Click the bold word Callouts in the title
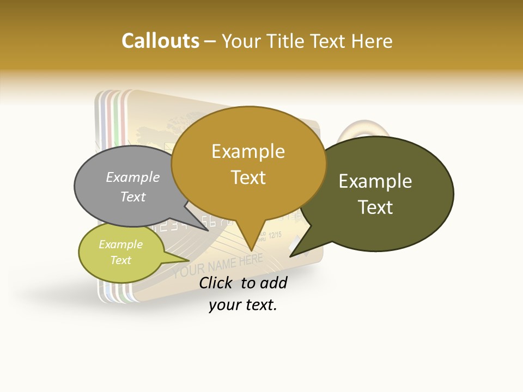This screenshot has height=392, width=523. click(160, 41)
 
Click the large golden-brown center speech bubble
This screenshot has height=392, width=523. click(248, 163)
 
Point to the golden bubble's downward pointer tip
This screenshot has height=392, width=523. click(251, 249)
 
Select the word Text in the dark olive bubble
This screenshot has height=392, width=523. click(375, 207)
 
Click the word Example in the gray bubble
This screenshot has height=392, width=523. click(132, 177)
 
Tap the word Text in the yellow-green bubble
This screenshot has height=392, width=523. click(121, 260)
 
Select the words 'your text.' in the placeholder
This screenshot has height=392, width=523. click(243, 305)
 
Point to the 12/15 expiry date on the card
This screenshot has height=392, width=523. click(275, 235)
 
